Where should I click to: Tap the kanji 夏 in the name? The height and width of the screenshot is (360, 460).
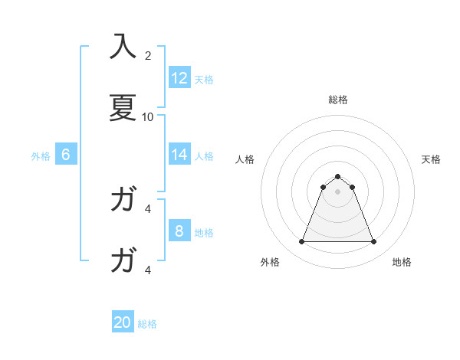pos(123,107)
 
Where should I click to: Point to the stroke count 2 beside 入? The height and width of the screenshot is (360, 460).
pos(148,56)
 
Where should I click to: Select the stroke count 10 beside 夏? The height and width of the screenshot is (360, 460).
pos(148,116)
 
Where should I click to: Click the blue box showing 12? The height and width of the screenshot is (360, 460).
pos(179,78)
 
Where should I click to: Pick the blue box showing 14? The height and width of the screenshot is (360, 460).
pos(179,155)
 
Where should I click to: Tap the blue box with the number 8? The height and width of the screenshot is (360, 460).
pos(179,231)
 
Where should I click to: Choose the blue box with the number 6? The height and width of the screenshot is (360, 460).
pos(66,155)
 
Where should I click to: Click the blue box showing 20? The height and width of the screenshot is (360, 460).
pos(123,323)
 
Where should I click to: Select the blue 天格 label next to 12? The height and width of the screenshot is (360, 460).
pos(204,79)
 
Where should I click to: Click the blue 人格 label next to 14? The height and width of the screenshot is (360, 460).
pos(204,155)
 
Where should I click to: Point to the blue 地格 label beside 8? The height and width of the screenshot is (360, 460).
pos(204,232)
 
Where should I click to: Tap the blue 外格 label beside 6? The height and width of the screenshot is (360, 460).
pos(41,155)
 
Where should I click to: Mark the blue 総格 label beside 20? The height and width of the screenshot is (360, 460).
pos(147,324)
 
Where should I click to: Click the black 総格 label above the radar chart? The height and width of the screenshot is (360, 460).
pos(338,100)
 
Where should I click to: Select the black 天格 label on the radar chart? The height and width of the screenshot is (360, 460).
pos(431,159)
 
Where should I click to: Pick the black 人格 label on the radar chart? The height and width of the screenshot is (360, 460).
pos(245,159)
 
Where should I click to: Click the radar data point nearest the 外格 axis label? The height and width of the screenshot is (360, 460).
pos(301,242)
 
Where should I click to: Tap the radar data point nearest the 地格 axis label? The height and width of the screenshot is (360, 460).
pos(374,242)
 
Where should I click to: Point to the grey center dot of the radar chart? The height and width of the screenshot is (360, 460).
pos(338,191)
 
